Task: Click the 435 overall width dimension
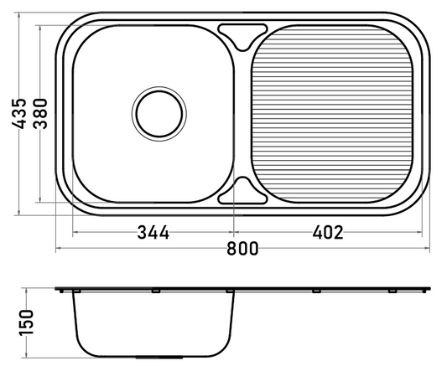19,114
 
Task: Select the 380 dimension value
40,114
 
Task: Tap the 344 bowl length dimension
153,232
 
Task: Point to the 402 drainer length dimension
328,232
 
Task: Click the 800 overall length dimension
242,248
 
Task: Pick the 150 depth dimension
26,322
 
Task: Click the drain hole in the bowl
159,114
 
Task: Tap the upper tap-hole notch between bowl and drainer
242,35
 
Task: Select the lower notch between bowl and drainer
242,192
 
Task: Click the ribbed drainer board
332,114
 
